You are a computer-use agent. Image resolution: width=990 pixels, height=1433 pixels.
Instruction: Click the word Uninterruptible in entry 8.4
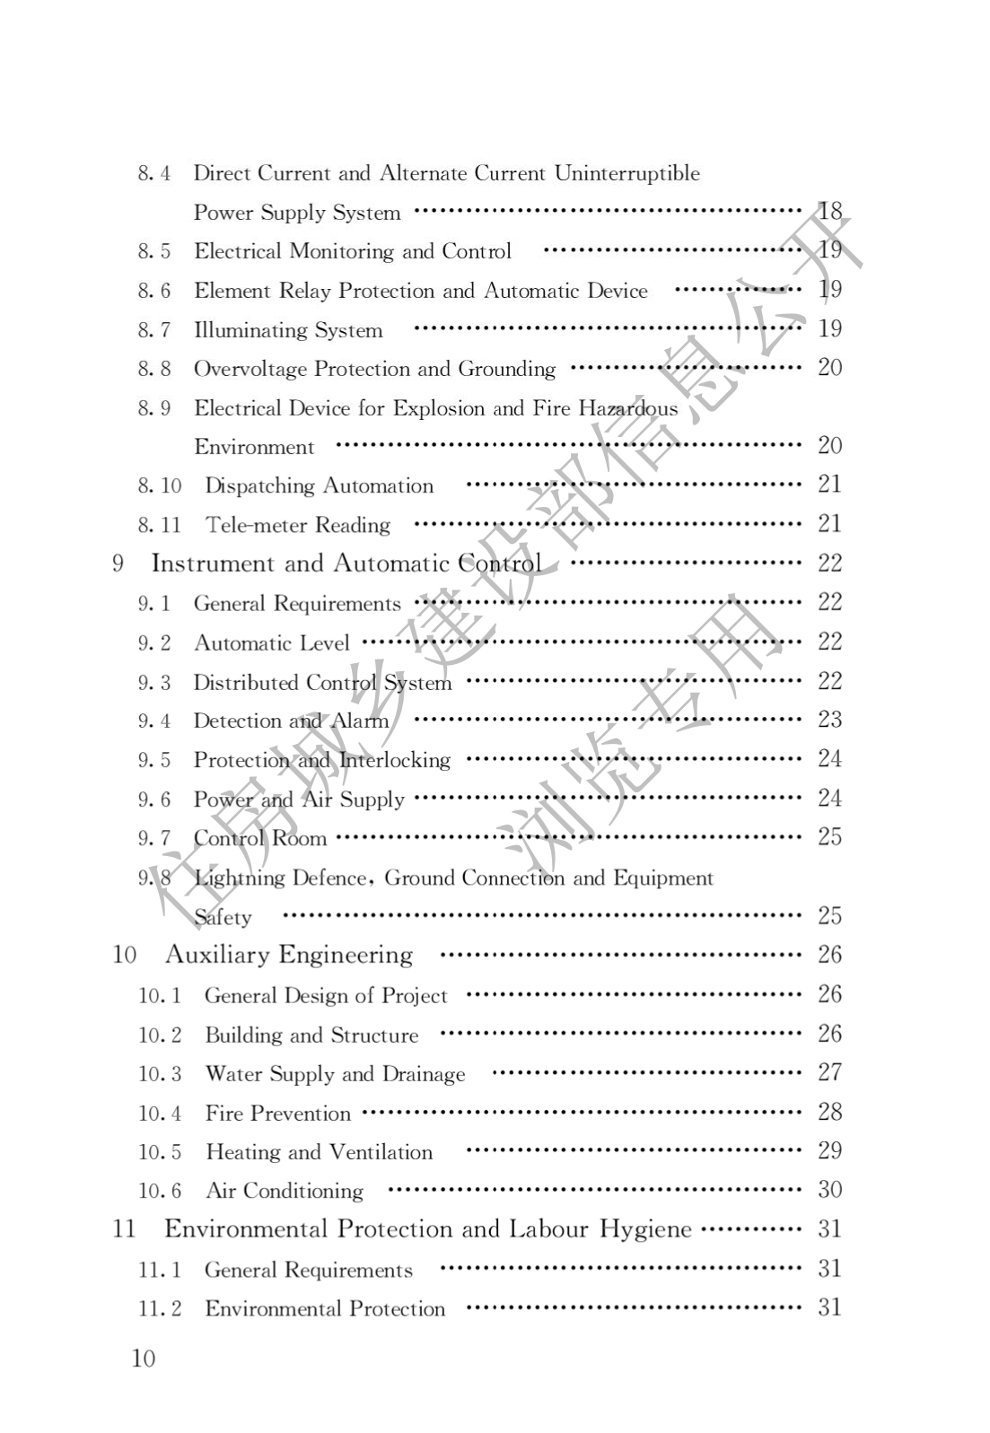(626, 173)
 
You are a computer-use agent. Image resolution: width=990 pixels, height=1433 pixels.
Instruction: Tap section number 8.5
(153, 251)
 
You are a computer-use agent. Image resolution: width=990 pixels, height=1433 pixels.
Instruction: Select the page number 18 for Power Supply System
(829, 212)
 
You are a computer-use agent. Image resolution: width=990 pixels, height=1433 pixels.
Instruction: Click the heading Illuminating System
(288, 330)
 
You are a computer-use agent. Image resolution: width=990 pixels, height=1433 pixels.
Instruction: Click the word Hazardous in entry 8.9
(627, 408)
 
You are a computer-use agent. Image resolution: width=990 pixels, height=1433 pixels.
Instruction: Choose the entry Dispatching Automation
(319, 485)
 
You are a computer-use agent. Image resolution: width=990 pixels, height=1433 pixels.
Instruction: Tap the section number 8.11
(159, 525)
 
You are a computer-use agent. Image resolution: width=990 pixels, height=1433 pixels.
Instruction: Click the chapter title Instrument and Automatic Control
(346, 564)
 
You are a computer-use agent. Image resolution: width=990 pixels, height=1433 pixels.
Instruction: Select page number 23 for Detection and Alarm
(829, 720)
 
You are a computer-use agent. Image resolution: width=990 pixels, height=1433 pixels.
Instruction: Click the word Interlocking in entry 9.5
(394, 760)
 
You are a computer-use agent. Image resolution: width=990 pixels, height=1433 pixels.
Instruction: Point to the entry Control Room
(260, 838)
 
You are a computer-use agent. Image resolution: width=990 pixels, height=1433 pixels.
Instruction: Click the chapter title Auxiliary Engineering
(288, 955)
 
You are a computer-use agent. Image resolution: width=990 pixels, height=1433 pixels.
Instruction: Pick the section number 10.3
(159, 1074)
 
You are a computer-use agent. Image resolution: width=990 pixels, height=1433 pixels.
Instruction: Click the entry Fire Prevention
(277, 1114)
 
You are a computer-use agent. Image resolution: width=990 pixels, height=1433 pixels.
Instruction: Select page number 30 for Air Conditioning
(829, 1190)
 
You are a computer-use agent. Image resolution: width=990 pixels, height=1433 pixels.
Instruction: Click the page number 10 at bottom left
(144, 1358)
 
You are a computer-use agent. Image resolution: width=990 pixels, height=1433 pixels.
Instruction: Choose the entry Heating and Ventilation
(319, 1152)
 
